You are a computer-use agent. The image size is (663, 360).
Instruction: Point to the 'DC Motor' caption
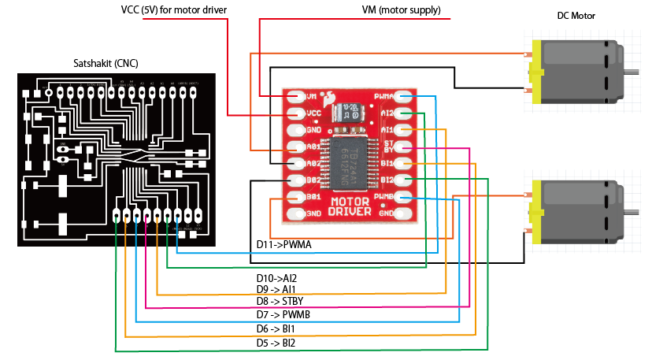(576, 17)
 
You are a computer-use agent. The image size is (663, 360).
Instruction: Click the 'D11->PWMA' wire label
(283, 245)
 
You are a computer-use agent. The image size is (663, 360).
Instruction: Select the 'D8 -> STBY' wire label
(280, 301)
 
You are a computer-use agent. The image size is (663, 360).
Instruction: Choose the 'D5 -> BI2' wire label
(276, 343)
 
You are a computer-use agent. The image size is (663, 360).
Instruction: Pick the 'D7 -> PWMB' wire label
(281, 314)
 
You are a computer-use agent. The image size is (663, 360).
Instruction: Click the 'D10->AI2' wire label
(276, 278)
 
